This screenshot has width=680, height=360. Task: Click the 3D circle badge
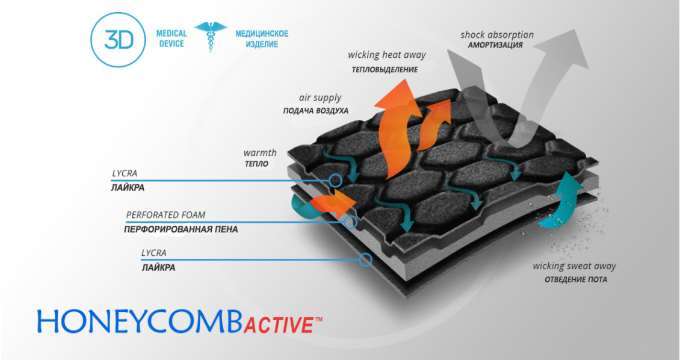[118, 39]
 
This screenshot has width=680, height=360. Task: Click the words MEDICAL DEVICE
[172, 39]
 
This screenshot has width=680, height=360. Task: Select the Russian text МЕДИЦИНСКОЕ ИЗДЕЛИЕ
[262, 39]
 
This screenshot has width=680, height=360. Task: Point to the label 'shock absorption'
[497, 35]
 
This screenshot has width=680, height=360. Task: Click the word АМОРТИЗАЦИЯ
[495, 45]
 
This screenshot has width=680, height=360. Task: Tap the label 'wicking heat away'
[386, 55]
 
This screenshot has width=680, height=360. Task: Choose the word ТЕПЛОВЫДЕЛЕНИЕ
[385, 70]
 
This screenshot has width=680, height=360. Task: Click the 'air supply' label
[320, 98]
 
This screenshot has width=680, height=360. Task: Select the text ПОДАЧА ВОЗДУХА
[315, 111]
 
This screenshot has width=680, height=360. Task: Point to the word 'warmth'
[259, 152]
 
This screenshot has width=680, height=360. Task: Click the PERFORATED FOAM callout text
[165, 215]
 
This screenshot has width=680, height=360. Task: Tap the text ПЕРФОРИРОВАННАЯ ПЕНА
[181, 229]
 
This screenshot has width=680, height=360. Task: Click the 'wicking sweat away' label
[574, 266]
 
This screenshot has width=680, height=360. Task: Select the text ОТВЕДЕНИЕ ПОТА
[576, 279]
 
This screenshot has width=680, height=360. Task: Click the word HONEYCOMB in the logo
[138, 322]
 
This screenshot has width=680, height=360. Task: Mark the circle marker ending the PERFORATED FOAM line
[351, 222]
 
